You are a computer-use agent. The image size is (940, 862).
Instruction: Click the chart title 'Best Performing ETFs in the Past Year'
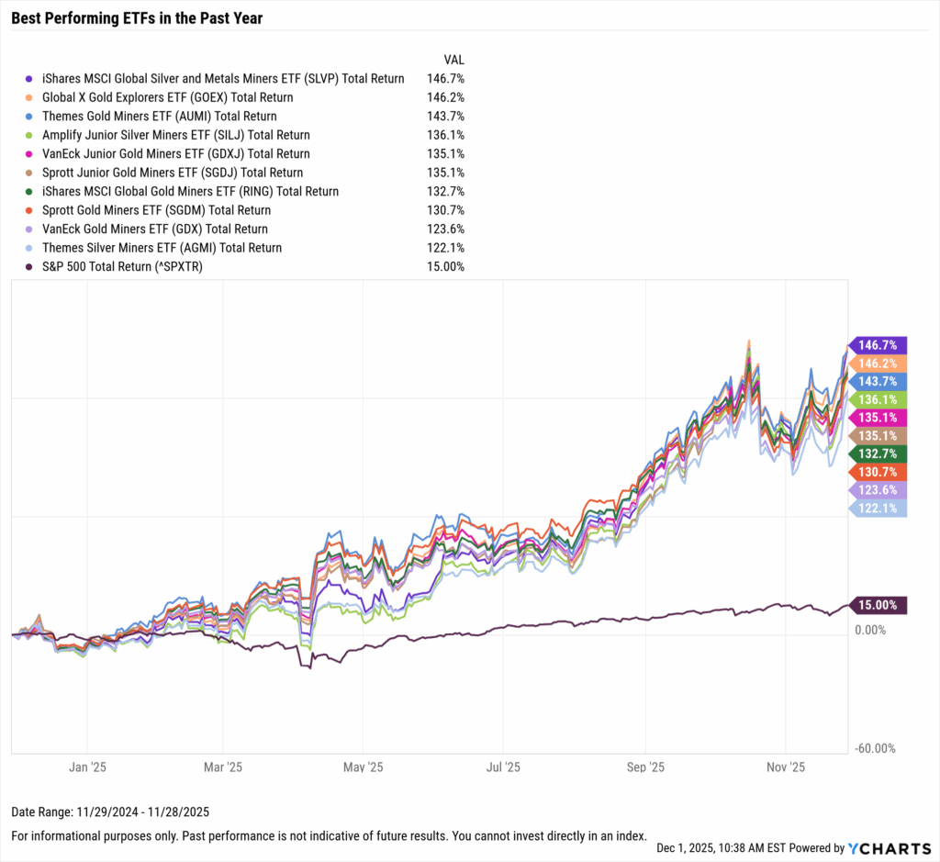pyautogui.click(x=137, y=17)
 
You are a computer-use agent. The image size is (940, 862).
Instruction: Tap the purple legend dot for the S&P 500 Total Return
pyautogui.click(x=29, y=267)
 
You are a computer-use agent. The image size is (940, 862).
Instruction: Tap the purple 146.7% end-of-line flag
pyautogui.click(x=880, y=344)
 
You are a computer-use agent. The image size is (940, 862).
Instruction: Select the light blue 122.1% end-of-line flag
pyautogui.click(x=880, y=508)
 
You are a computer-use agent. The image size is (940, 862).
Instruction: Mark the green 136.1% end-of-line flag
pyautogui.click(x=880, y=398)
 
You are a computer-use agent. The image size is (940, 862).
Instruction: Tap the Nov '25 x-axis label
pyautogui.click(x=786, y=766)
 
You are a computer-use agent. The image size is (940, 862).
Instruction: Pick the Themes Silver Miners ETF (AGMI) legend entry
pyautogui.click(x=160, y=248)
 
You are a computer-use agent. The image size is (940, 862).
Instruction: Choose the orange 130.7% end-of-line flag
pyautogui.click(x=880, y=471)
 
